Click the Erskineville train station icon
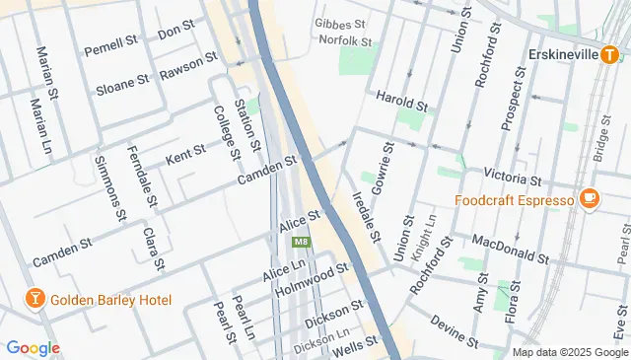coord(610,55)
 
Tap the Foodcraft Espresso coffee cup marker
coord(591,200)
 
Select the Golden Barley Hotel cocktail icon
coord(34,299)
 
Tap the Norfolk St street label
coord(345,42)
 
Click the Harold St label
coord(402,101)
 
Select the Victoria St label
coord(513,177)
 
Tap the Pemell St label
coord(110,45)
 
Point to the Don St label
coord(175,32)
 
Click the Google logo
coord(33,347)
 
